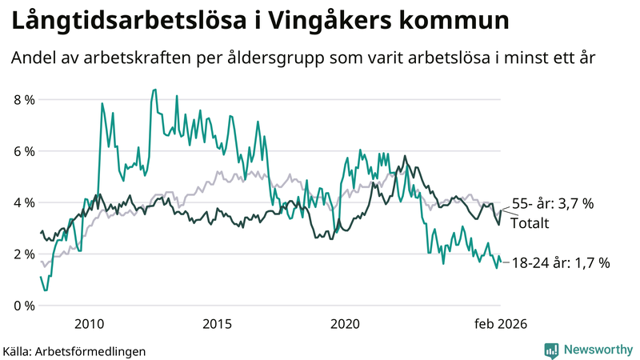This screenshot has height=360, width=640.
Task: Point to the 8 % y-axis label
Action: [x=24, y=100]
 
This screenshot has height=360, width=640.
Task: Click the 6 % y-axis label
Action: [x=24, y=151]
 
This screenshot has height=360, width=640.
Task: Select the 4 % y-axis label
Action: [x=24, y=202]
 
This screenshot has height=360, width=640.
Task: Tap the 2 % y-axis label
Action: [x=24, y=254]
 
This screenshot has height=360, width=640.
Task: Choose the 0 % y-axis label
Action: [x=24, y=306]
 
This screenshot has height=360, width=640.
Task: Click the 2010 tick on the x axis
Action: [x=90, y=323]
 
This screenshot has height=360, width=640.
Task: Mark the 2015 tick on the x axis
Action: [x=218, y=323]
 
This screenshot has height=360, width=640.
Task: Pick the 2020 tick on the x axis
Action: [x=346, y=323]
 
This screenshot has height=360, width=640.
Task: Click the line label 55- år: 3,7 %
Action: [x=552, y=204]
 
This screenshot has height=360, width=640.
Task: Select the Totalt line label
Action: [x=530, y=223]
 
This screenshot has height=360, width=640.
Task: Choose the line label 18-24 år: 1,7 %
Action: [x=561, y=262]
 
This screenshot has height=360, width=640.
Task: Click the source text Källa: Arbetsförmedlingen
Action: [x=74, y=350]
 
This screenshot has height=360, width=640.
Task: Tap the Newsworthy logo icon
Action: [x=551, y=350]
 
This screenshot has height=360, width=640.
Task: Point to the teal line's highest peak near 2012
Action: [x=154, y=90]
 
